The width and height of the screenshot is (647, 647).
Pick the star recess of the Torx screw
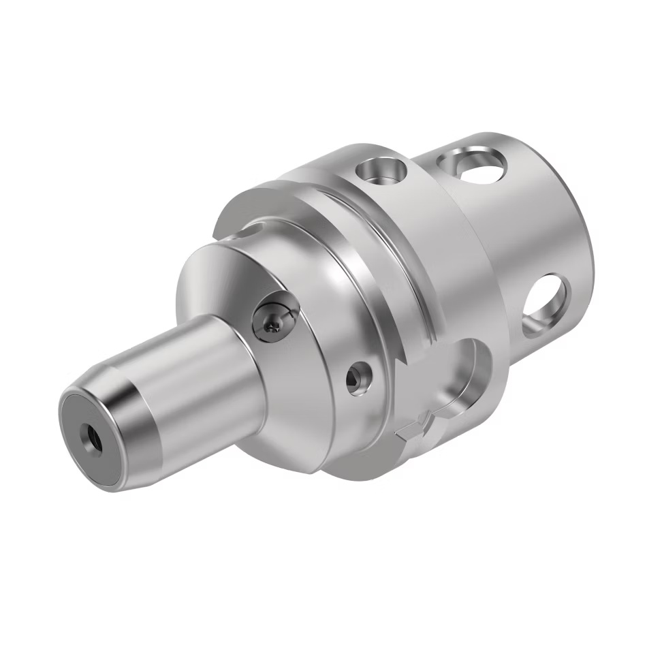270,326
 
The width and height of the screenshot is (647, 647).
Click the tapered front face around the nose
204,286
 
